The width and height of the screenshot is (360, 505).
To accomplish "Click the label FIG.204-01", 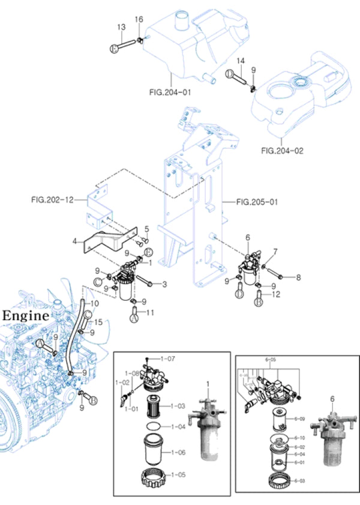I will [170, 92].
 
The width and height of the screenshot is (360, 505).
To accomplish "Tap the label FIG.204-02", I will [283, 151].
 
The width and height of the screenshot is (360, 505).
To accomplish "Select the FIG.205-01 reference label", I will [257, 202].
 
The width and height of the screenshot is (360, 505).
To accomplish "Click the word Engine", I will [25, 315].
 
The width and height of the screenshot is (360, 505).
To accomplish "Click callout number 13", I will [121, 27].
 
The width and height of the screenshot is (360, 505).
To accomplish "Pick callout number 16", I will [139, 20].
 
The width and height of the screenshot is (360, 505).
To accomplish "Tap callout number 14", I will [241, 61].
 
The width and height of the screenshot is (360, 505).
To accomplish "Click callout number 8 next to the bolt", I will [298, 277].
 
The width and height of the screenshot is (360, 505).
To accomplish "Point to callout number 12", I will [276, 294].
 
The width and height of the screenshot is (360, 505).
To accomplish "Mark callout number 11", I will [151, 312].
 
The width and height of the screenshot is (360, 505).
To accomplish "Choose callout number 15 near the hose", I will [99, 322].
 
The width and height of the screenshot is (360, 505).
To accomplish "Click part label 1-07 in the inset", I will [170, 358].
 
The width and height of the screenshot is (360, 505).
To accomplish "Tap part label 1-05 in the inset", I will [178, 474].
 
